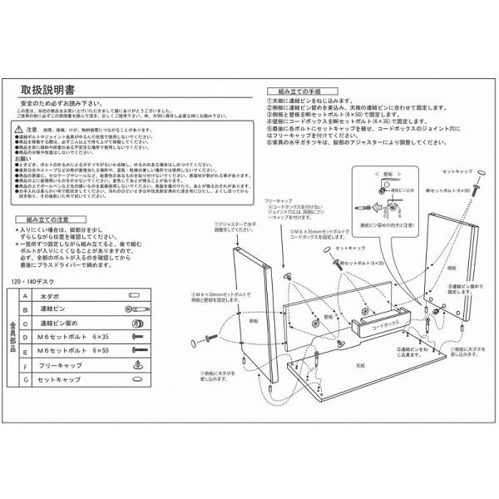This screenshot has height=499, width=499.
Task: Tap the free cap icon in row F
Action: click(x=136, y=367)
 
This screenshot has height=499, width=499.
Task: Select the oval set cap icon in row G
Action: click(x=136, y=381)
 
